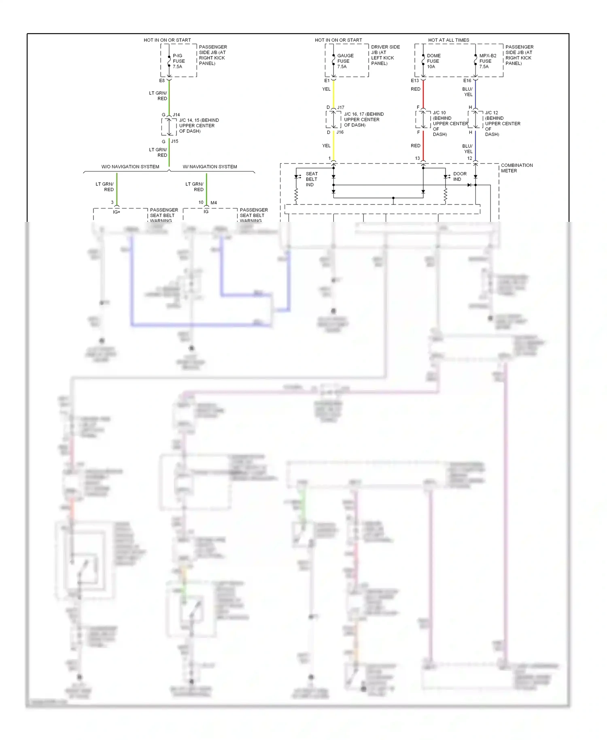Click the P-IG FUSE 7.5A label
(x=178, y=61)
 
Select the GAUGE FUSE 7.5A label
(x=345, y=61)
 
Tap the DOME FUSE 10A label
(x=433, y=61)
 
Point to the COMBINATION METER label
(x=516, y=168)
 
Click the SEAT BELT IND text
(x=311, y=179)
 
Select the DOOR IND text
(x=459, y=176)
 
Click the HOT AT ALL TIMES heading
(x=448, y=40)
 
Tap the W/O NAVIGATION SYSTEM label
(x=130, y=167)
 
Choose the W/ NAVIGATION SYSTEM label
(x=210, y=167)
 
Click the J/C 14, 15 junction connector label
(x=199, y=125)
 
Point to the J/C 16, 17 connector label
(x=363, y=119)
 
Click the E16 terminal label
(x=467, y=81)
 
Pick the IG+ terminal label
(x=117, y=212)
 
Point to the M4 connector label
(x=214, y=203)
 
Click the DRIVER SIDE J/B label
(x=385, y=55)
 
